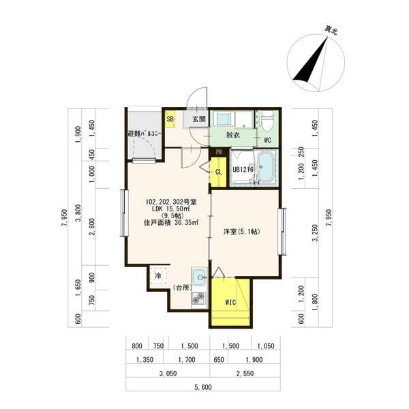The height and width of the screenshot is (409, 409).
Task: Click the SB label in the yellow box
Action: [x=170, y=119]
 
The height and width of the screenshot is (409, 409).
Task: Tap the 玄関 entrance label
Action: [x=199, y=119]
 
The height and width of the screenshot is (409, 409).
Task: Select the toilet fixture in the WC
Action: [x=267, y=121]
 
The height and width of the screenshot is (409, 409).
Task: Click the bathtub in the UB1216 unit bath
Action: [x=266, y=167]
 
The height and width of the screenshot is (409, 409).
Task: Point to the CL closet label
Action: [x=219, y=172]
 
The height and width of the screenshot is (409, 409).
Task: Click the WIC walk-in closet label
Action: [x=230, y=302]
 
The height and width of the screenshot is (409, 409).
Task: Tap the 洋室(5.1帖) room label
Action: [x=242, y=231]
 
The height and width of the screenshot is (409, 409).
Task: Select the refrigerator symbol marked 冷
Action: [x=158, y=275]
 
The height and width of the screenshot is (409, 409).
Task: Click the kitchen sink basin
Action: [x=199, y=277]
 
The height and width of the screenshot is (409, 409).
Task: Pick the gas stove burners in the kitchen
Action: [x=199, y=298]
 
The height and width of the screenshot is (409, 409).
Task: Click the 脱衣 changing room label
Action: [x=232, y=135]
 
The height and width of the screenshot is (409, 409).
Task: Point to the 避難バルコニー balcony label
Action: [x=145, y=134]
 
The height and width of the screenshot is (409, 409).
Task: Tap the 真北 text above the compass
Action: [x=331, y=30]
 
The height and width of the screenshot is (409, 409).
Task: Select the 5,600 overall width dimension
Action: [x=203, y=387]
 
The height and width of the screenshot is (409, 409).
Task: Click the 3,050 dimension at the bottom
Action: [x=168, y=374]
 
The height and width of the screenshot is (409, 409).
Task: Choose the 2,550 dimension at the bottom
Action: [x=245, y=374]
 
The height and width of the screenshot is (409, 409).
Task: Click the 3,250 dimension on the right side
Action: [x=316, y=233]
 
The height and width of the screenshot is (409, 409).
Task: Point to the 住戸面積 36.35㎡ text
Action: [x=171, y=222]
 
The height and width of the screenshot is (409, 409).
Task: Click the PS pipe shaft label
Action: [x=219, y=152]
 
